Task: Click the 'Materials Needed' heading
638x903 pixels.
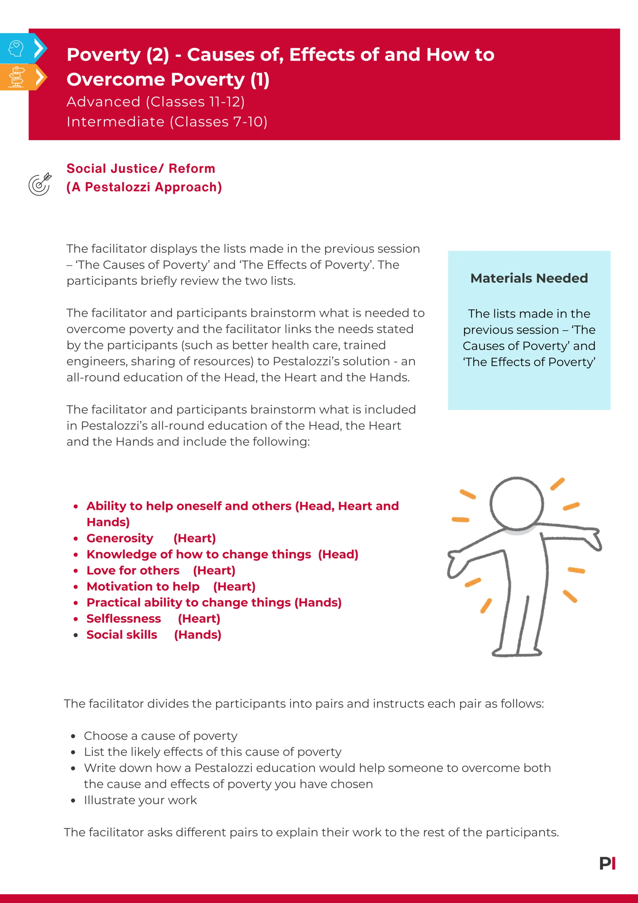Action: click(529, 278)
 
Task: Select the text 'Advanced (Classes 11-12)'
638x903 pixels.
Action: click(156, 102)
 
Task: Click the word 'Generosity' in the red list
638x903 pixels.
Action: click(120, 538)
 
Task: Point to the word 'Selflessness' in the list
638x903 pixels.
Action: click(123, 619)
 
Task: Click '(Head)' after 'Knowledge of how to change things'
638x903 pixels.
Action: click(338, 554)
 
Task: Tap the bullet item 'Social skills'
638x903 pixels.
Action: click(122, 635)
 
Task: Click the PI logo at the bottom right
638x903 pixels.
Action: click(607, 863)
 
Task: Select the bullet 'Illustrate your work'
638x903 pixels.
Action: click(140, 800)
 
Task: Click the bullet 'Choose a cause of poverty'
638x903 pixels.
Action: click(160, 735)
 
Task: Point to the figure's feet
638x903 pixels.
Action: click(516, 652)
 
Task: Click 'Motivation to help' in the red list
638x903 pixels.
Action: click(143, 586)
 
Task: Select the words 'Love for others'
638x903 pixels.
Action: click(133, 570)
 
